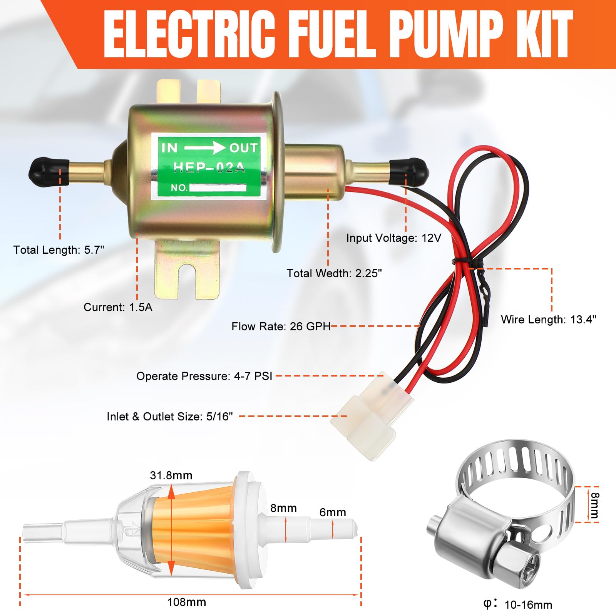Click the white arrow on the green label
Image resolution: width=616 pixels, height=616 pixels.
(x=204, y=148)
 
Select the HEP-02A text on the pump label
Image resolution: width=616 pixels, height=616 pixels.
(x=209, y=167)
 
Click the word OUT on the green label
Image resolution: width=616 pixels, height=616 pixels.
(x=243, y=148)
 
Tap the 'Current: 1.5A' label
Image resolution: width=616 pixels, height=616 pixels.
(x=118, y=307)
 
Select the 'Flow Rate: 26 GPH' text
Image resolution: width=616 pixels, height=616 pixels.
(x=281, y=326)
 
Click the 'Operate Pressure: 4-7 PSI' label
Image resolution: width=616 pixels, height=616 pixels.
(x=204, y=376)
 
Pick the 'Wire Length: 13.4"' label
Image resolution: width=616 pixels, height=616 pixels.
(x=548, y=320)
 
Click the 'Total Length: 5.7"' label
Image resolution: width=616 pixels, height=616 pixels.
(x=59, y=250)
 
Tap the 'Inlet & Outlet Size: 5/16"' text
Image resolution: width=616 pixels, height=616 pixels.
(x=170, y=417)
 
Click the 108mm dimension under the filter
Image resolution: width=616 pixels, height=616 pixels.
(x=187, y=602)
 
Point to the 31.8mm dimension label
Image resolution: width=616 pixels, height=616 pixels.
(x=171, y=475)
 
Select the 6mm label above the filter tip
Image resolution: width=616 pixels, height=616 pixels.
(x=333, y=512)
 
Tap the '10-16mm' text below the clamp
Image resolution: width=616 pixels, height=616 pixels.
(x=528, y=605)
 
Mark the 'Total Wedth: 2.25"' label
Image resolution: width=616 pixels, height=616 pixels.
(x=334, y=273)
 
